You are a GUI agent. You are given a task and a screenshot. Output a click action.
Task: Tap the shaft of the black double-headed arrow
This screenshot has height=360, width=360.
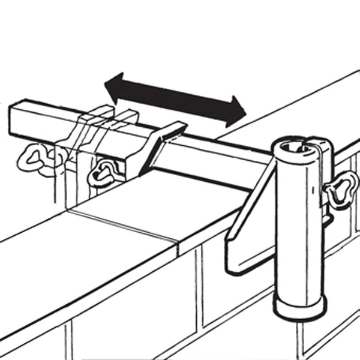174,99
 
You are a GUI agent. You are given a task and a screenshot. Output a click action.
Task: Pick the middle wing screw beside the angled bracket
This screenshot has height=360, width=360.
102,174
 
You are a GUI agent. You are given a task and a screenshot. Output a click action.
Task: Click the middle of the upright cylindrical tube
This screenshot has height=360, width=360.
297,228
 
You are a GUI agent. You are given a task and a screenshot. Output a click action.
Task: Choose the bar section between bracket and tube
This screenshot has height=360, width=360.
222,150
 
